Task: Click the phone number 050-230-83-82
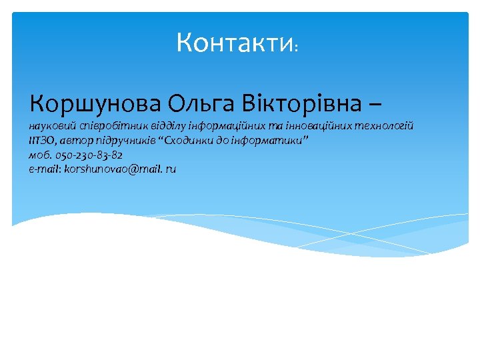coord(89,155)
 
